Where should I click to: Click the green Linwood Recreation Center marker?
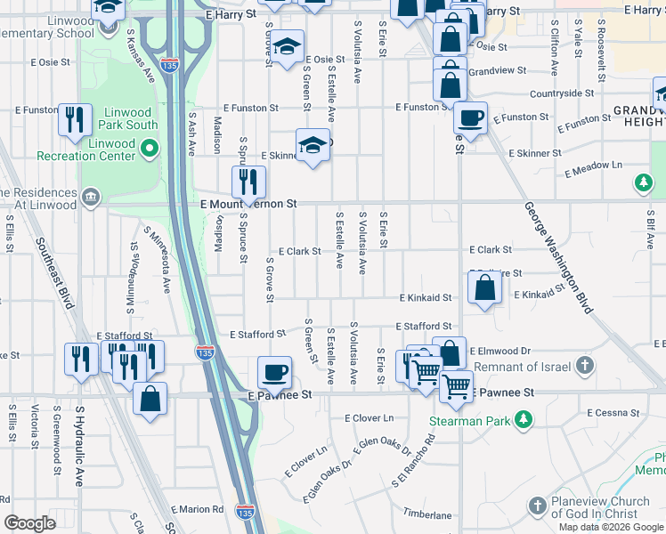[x=149, y=147]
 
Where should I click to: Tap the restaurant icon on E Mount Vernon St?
[x=249, y=182]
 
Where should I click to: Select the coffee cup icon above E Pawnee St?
[x=274, y=371]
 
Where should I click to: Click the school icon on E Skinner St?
[x=313, y=146]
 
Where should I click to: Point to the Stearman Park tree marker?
[x=525, y=418]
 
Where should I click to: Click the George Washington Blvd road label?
[x=558, y=258]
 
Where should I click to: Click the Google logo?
[x=29, y=523]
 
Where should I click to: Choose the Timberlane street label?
[x=427, y=514]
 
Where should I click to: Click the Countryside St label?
[x=561, y=93]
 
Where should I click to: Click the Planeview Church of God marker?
[x=536, y=507]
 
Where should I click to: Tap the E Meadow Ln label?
[x=593, y=165]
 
